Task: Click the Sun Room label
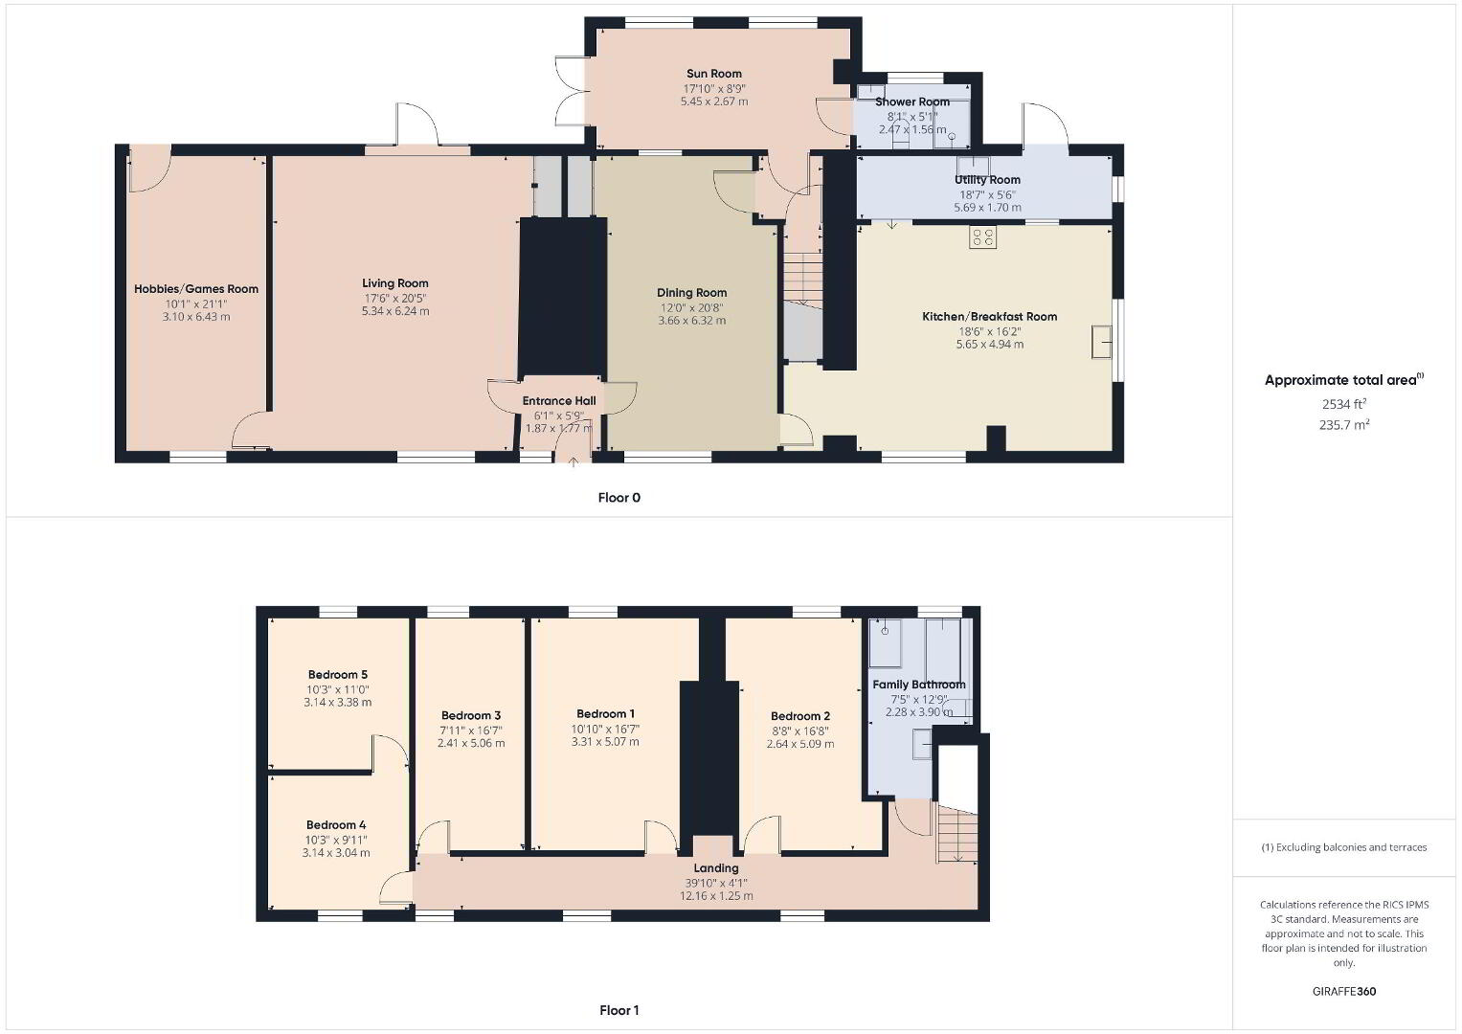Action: pos(714,74)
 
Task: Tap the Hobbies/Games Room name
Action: pos(196,289)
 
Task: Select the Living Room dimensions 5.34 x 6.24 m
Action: pos(395,311)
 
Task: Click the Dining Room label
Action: pos(692,293)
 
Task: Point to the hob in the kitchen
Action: pos(983,237)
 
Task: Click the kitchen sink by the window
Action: pos(1102,342)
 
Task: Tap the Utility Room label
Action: pos(987,180)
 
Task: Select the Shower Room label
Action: pos(912,101)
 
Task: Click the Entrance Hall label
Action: pos(559,401)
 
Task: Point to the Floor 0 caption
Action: pos(619,498)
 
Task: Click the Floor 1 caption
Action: pos(619,1010)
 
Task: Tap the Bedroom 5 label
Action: pos(338,674)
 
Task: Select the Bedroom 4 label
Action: pos(337,825)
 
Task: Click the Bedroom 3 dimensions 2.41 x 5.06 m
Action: pos(471,743)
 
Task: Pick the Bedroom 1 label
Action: pos(606,714)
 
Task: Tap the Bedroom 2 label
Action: pos(800,716)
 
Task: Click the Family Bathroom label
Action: pos(919,685)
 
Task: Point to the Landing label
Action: pos(716,868)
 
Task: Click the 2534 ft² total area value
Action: pos(1344,404)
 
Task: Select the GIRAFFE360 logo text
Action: pos(1344,991)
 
